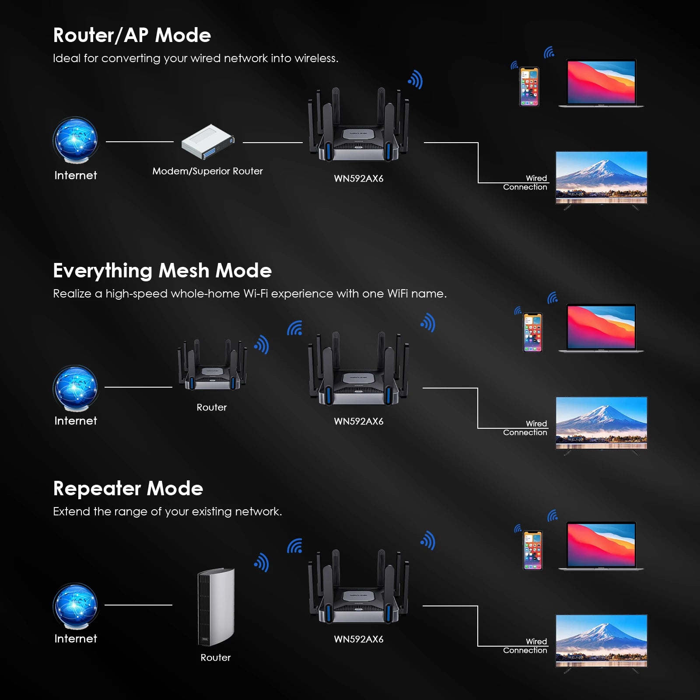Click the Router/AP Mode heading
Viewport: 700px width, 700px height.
(132, 35)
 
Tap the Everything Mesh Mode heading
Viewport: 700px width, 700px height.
(162, 271)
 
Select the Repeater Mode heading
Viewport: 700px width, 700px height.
(128, 489)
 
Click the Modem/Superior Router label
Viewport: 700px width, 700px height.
(207, 171)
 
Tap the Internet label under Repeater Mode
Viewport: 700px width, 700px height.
(76, 639)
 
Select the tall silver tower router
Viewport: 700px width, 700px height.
(216, 607)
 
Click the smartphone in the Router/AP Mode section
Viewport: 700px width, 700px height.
(529, 87)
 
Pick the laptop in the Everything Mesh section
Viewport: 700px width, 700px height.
(601, 328)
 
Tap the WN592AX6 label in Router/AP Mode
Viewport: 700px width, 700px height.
(358, 178)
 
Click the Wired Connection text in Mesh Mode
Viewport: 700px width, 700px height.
(525, 428)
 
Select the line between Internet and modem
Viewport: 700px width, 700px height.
(140, 142)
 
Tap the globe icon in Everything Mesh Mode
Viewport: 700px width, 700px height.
(76, 388)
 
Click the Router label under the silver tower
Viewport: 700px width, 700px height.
(215, 658)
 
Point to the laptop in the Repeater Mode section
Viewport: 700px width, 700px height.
(601, 546)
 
